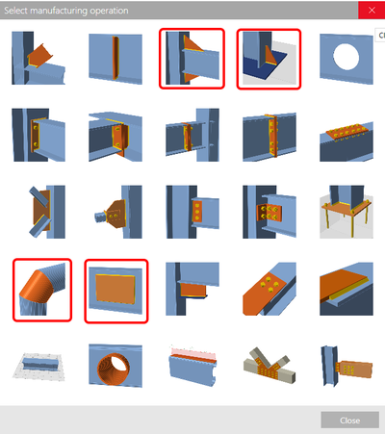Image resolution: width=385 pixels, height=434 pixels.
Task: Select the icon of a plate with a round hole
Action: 345,60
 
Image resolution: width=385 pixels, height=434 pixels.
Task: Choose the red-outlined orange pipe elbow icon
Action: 41,289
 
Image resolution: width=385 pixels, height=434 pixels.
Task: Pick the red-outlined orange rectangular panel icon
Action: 116,289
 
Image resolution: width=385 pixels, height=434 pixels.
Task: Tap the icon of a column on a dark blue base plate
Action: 269,60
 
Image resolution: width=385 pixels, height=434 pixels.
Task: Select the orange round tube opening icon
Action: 116,365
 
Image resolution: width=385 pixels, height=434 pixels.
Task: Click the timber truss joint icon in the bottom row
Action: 269,365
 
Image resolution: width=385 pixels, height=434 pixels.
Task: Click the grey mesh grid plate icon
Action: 41,365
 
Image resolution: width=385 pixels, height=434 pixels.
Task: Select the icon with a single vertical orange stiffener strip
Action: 116,60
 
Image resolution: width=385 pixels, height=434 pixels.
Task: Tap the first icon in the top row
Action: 41,60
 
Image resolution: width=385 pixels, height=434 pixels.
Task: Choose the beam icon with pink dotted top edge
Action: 192,365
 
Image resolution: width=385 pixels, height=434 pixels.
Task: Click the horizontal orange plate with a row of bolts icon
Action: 345,136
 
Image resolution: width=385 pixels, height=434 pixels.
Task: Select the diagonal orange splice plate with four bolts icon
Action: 269,289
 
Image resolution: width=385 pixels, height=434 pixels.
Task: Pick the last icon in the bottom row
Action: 345,365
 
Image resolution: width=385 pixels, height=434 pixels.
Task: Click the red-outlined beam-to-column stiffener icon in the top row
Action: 192,60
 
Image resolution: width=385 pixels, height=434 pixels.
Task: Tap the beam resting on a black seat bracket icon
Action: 192,289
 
